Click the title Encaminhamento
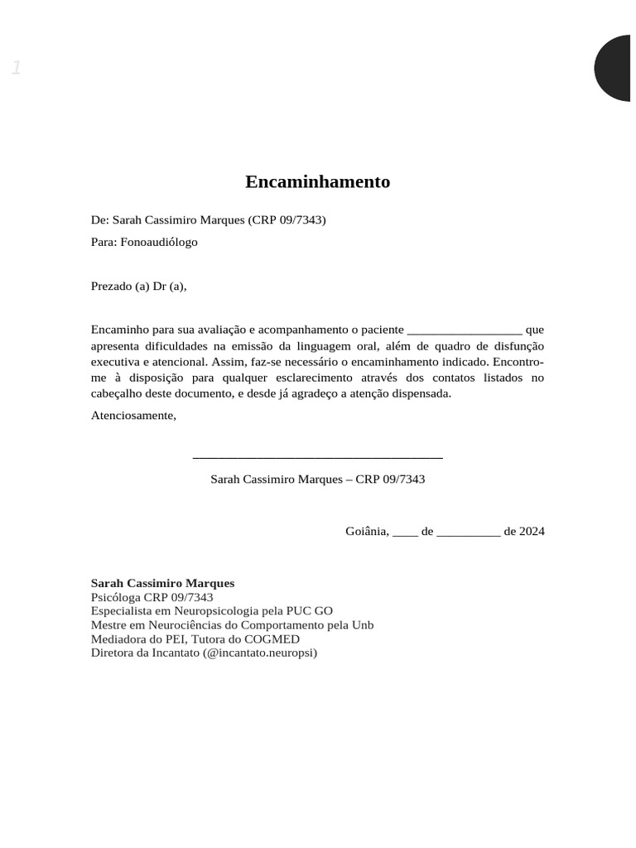(317, 182)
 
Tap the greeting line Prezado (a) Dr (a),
(139, 286)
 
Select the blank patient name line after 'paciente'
(465, 330)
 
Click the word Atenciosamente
(133, 415)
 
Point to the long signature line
(317, 456)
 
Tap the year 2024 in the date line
(532, 531)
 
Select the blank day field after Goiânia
(405, 532)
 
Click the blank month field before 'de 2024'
(468, 532)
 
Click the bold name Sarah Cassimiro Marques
(162, 583)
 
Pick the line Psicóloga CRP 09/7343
(152, 597)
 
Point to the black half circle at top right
(615, 68)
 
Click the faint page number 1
(16, 68)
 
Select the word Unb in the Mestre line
(363, 624)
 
